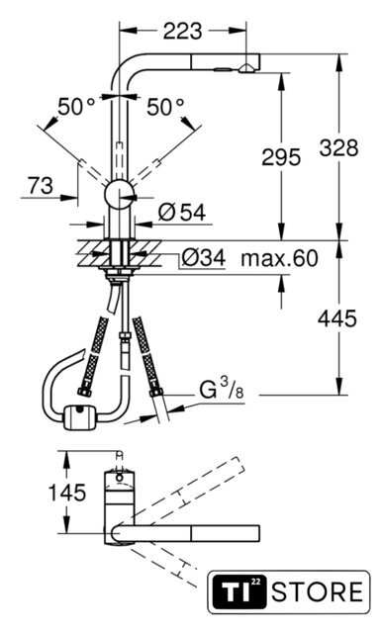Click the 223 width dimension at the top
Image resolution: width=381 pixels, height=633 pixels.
pyautogui.click(x=182, y=31)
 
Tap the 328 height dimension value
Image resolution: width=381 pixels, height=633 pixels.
pyautogui.click(x=338, y=147)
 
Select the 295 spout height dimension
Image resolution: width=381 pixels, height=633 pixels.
pyautogui.click(x=281, y=156)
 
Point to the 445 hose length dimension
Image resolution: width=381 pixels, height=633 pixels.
pyautogui.click(x=336, y=318)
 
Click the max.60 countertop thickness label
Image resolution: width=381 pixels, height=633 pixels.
pyautogui.click(x=279, y=258)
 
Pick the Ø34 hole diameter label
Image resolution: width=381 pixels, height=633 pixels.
pyautogui.click(x=203, y=257)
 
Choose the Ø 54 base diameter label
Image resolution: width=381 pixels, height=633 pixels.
pyautogui.click(x=182, y=212)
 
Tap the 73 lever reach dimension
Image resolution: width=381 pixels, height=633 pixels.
pyautogui.click(x=41, y=186)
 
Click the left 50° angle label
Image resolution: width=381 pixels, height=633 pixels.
pyautogui.click(x=76, y=107)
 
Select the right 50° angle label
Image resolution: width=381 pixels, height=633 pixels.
pyautogui.click(x=165, y=107)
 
